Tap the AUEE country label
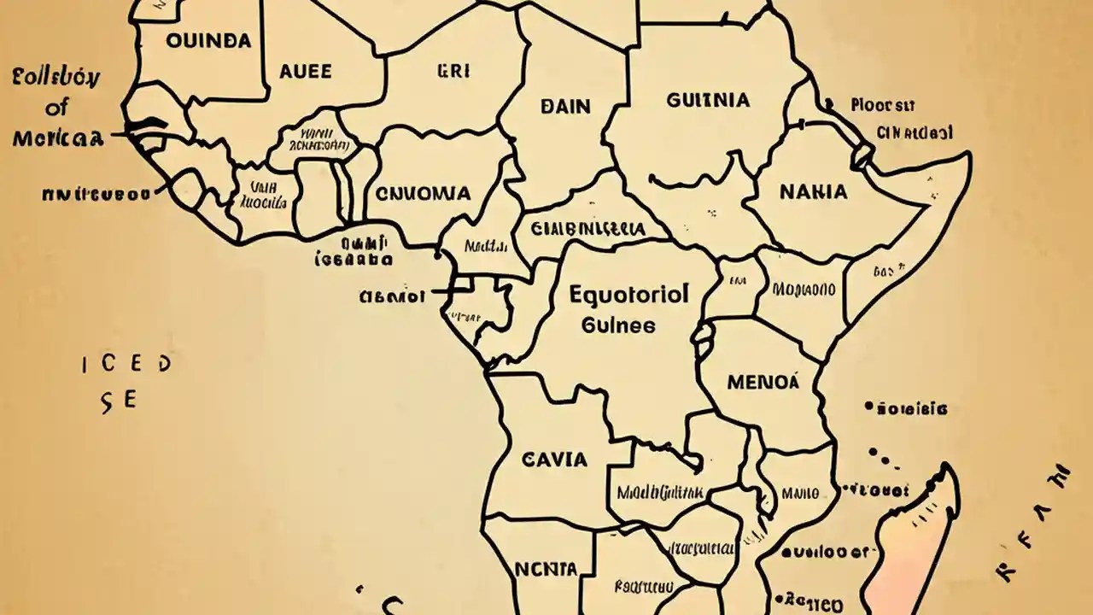(x=305, y=72)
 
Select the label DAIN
(x=565, y=106)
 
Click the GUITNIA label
(x=708, y=100)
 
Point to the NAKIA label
(x=813, y=191)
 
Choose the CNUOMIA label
(x=424, y=193)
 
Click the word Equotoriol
(x=628, y=296)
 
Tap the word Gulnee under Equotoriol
(x=619, y=325)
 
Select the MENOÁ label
(x=763, y=382)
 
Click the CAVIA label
(x=554, y=460)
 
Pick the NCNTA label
(x=546, y=569)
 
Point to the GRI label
(x=453, y=72)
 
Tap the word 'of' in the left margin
(x=57, y=108)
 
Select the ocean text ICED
(x=126, y=365)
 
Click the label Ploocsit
(x=883, y=105)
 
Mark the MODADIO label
(x=804, y=289)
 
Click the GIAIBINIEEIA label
(x=587, y=229)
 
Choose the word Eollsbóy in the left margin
(x=56, y=79)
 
